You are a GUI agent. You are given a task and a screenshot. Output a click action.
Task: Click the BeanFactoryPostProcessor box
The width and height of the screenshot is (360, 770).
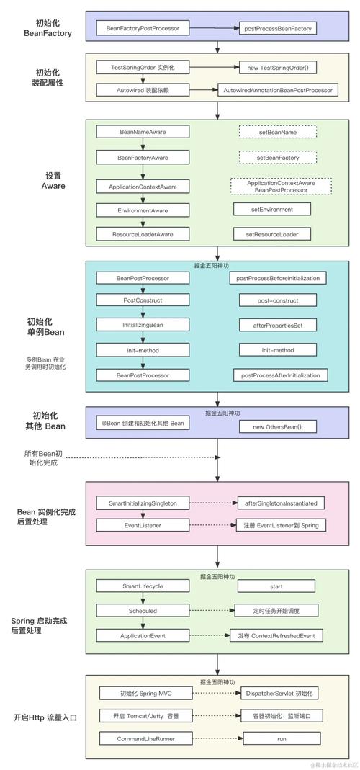pyautogui.click(x=143, y=29)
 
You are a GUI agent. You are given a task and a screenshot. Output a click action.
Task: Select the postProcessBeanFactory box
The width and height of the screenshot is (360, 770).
pyautogui.click(x=278, y=29)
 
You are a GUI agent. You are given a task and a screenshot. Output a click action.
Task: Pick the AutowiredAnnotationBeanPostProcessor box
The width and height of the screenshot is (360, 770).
pyautogui.click(x=278, y=90)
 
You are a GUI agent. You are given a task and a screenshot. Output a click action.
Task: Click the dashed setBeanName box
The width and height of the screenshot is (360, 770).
pyautogui.click(x=278, y=132)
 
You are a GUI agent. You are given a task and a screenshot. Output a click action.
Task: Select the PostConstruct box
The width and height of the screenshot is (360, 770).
pyautogui.click(x=143, y=300)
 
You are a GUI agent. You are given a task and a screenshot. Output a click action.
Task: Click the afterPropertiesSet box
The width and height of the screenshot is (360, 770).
pyautogui.click(x=278, y=326)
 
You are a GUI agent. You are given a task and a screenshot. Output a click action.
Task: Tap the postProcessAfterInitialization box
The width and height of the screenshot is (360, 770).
pyautogui.click(x=280, y=375)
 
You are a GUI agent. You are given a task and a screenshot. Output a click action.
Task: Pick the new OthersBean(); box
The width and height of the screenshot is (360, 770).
pyautogui.click(x=278, y=427)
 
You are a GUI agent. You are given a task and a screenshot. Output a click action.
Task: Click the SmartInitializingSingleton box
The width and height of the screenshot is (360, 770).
pyautogui.click(x=143, y=502)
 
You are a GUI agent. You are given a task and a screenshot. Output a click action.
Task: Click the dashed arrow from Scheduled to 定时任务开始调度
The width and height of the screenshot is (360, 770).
pyautogui.click(x=211, y=611)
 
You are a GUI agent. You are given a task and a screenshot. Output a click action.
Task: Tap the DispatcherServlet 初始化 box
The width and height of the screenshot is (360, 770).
pyautogui.click(x=278, y=693)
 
